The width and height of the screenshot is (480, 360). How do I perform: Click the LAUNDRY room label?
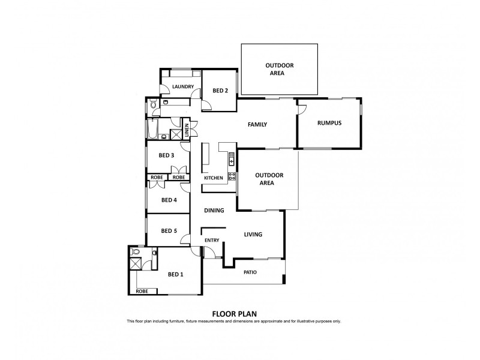click(182, 87)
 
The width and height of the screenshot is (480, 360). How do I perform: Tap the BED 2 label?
click(220, 91)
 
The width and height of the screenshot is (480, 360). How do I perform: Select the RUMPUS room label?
click(329, 123)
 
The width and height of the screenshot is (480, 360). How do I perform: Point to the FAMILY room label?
click(257, 125)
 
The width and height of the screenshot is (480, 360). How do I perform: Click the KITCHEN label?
click(213, 178)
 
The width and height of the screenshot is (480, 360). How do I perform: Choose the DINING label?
click(214, 211)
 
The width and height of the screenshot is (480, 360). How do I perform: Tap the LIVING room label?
click(253, 235)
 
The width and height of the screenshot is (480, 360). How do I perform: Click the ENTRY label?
click(212, 241)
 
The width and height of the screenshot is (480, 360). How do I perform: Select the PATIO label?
click(250, 272)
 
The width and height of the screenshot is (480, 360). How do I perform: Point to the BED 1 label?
click(175, 275)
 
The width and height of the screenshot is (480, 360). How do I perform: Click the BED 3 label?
click(166, 155)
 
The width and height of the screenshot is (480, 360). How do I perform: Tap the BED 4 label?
click(169, 200)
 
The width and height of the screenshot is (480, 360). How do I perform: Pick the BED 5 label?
click(169, 231)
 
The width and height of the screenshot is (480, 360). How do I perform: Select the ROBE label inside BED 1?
click(142, 291)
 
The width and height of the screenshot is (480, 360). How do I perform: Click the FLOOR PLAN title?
click(234, 313)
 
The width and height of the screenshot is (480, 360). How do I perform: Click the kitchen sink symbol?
click(231, 160)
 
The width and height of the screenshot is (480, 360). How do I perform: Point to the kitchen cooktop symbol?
click(231, 176)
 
